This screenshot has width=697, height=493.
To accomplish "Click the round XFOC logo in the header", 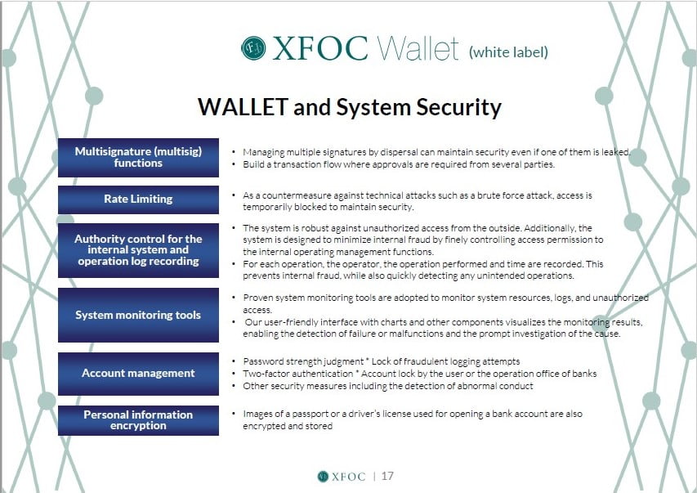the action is (253, 48).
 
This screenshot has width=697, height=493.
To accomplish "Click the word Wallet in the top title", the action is (418, 48).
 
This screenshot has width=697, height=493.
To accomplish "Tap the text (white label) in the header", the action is (508, 52).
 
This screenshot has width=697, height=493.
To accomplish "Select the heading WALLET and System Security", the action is (350, 107).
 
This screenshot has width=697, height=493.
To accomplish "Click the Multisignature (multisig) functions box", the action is (138, 158).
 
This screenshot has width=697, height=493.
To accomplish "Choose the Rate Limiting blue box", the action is (138, 199).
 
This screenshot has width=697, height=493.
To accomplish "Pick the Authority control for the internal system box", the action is (138, 250).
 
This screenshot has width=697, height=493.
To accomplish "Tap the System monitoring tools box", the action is (138, 315).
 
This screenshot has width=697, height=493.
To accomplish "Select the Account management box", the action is (138, 374).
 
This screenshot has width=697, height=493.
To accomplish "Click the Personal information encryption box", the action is (138, 420).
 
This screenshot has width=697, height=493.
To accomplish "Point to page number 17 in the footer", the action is (387, 476).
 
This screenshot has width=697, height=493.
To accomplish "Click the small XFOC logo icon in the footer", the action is (323, 477).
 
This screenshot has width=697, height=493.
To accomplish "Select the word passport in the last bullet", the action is (311, 415).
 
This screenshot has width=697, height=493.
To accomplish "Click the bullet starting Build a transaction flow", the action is (399, 164).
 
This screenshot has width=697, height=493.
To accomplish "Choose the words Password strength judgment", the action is (303, 361).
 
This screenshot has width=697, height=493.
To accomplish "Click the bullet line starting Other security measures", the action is (387, 386).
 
